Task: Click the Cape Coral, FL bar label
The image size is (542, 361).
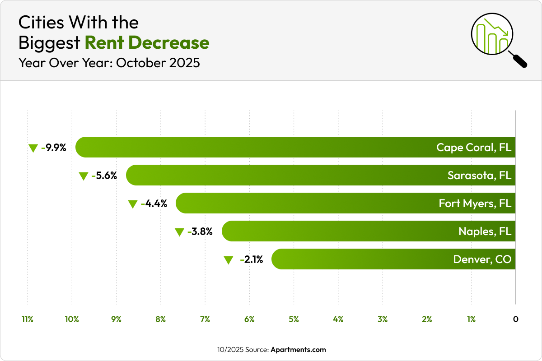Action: (x=474, y=148)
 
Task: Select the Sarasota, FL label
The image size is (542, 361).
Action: (x=479, y=176)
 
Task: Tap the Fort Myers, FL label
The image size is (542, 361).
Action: (x=475, y=204)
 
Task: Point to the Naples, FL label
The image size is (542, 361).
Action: (x=485, y=231)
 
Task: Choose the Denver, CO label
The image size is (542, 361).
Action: (x=482, y=259)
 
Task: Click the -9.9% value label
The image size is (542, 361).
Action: (x=54, y=148)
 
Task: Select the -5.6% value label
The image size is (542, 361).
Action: (x=104, y=176)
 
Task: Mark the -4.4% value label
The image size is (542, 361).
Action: (x=154, y=204)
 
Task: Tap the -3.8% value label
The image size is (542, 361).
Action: (x=200, y=232)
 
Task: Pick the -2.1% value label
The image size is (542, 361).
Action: (x=252, y=260)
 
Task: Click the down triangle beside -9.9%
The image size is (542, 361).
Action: (x=33, y=148)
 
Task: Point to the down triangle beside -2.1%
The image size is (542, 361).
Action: (x=229, y=260)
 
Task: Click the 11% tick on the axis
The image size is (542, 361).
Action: (x=28, y=319)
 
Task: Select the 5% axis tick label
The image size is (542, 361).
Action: (x=294, y=319)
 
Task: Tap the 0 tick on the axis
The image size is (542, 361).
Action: (x=515, y=319)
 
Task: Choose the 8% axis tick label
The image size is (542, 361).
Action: (x=160, y=319)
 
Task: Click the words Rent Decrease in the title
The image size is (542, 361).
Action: (x=147, y=42)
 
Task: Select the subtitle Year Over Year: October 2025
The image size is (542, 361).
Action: (x=109, y=63)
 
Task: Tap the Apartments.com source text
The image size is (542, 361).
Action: (x=298, y=350)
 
